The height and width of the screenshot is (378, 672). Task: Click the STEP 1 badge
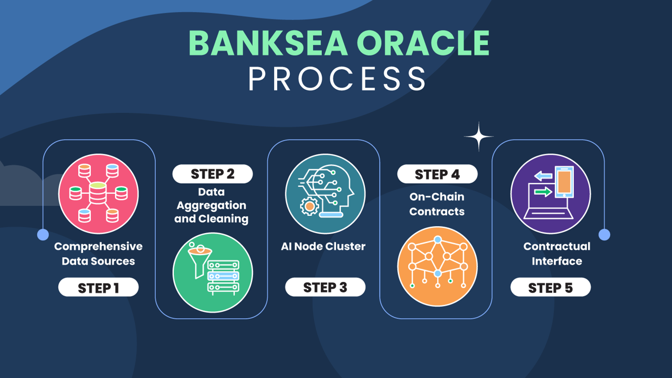[x=98, y=287]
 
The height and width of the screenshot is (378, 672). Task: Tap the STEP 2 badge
[x=213, y=174]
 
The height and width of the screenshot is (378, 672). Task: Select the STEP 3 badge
[x=325, y=287]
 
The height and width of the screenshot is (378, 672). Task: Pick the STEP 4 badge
[x=437, y=174]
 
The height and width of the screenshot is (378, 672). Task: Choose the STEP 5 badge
[x=551, y=287]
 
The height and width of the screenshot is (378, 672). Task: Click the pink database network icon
[x=98, y=194]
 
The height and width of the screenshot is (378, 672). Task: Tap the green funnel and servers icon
[x=213, y=272]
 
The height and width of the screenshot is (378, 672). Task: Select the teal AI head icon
[x=325, y=194]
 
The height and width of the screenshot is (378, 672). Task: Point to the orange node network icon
[x=437, y=266]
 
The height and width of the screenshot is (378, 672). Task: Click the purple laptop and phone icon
[x=551, y=194]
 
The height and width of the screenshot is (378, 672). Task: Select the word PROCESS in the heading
[x=337, y=79]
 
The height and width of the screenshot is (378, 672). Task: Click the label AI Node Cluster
[x=323, y=246]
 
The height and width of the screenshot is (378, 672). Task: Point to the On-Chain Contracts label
[x=437, y=204]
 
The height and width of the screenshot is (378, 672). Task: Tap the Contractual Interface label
[x=557, y=254]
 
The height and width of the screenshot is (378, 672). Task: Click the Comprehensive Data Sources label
[x=98, y=254]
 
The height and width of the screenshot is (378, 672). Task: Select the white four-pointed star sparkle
[x=479, y=136]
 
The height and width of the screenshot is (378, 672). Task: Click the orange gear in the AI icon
[x=309, y=206]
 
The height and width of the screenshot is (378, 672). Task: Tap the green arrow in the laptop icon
[x=543, y=192]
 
